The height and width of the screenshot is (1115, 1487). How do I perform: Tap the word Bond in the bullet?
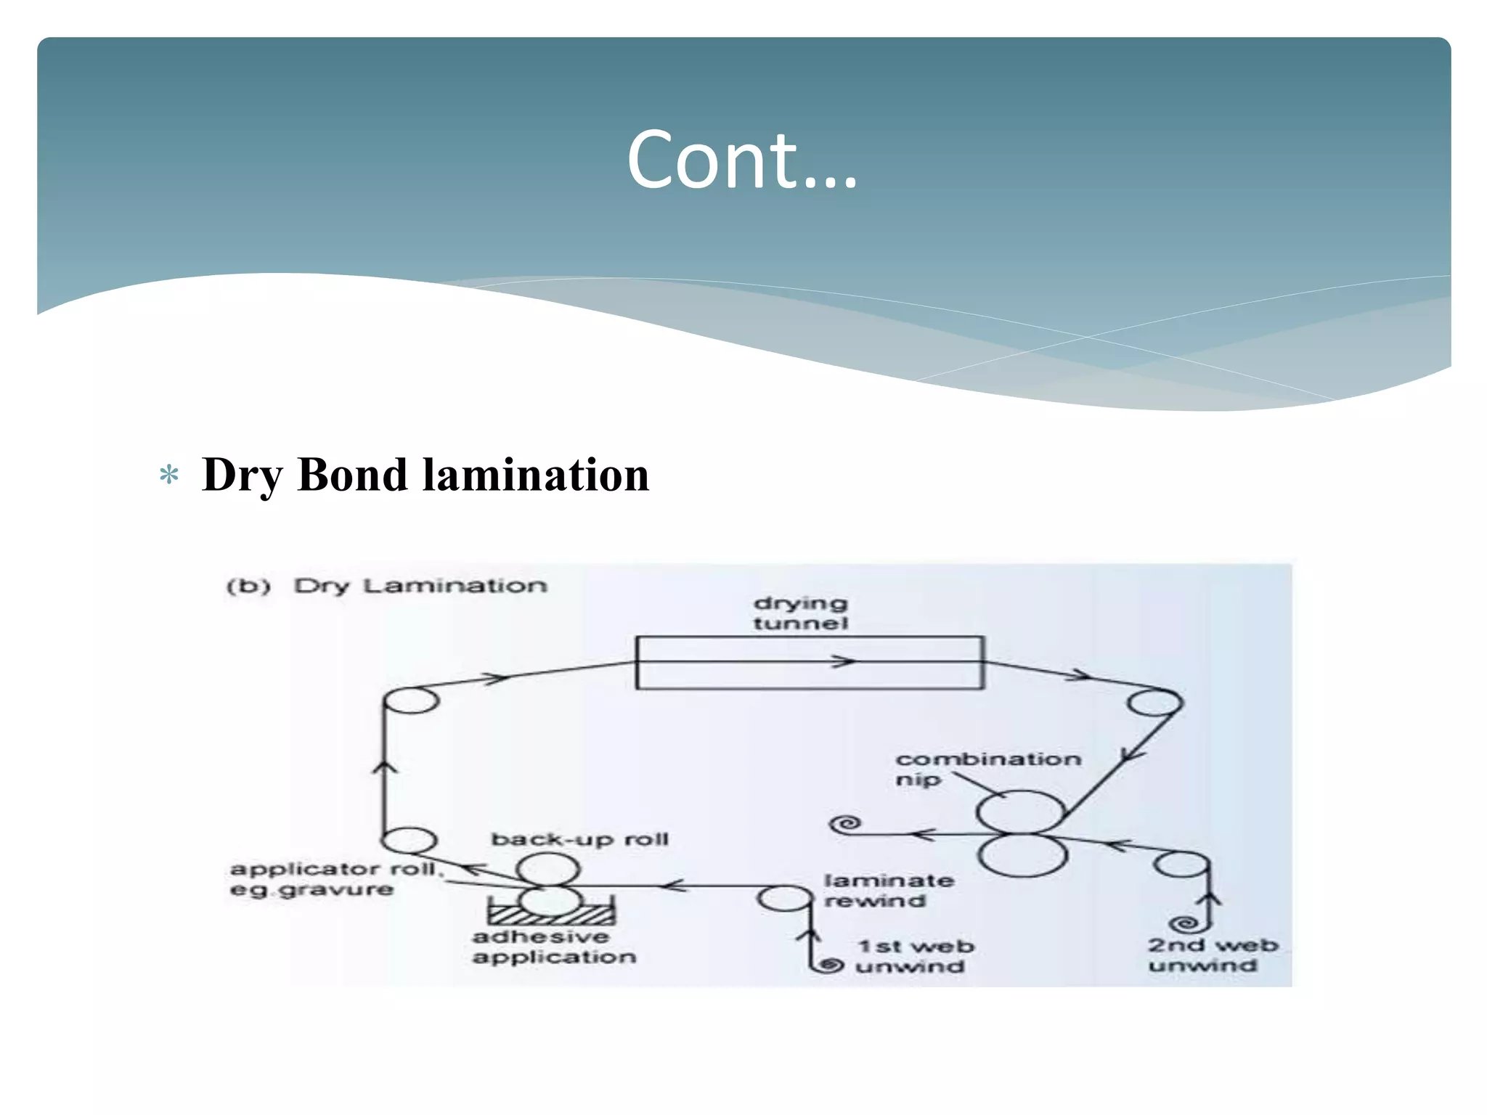352,475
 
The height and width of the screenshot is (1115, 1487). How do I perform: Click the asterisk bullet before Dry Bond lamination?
169,475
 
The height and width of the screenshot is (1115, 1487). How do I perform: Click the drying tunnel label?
800,613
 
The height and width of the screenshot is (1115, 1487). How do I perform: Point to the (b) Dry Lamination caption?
386,586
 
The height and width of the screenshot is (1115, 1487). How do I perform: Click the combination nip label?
987,768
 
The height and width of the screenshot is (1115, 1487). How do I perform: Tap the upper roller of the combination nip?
1020,812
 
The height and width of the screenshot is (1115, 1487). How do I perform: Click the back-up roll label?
579,840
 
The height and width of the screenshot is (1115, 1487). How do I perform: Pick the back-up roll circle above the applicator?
549,869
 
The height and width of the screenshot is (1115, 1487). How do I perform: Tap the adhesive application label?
553,947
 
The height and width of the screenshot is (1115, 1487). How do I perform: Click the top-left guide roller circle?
411,701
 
